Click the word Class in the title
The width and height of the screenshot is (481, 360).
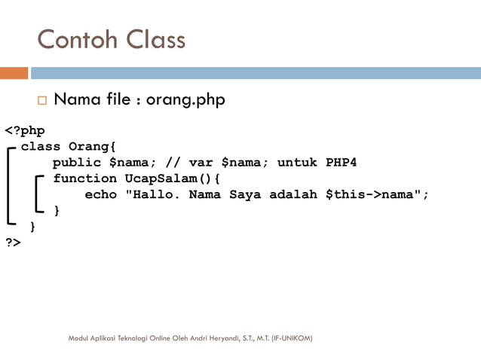154,39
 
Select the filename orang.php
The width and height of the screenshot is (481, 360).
185,99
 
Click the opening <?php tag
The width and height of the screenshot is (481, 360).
25,130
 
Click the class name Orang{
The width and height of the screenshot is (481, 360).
92,146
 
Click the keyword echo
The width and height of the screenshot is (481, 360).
100,195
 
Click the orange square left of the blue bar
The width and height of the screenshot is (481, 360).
14,73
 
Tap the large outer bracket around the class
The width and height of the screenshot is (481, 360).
9,185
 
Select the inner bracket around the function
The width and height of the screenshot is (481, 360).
38,194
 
